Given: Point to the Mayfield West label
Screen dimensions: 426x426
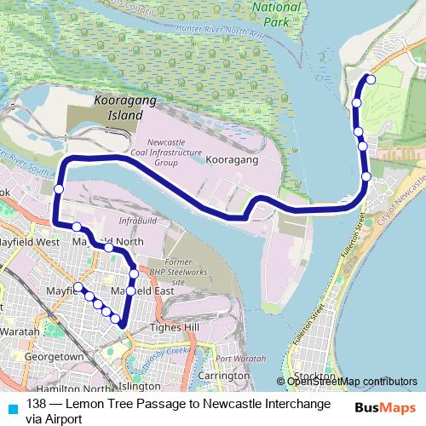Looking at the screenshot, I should [x=30, y=242].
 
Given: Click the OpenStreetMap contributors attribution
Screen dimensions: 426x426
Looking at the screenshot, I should [x=351, y=381].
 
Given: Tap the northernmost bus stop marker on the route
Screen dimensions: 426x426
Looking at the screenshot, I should [x=370, y=80].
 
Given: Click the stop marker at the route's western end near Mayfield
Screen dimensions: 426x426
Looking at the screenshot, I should [x=78, y=287].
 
